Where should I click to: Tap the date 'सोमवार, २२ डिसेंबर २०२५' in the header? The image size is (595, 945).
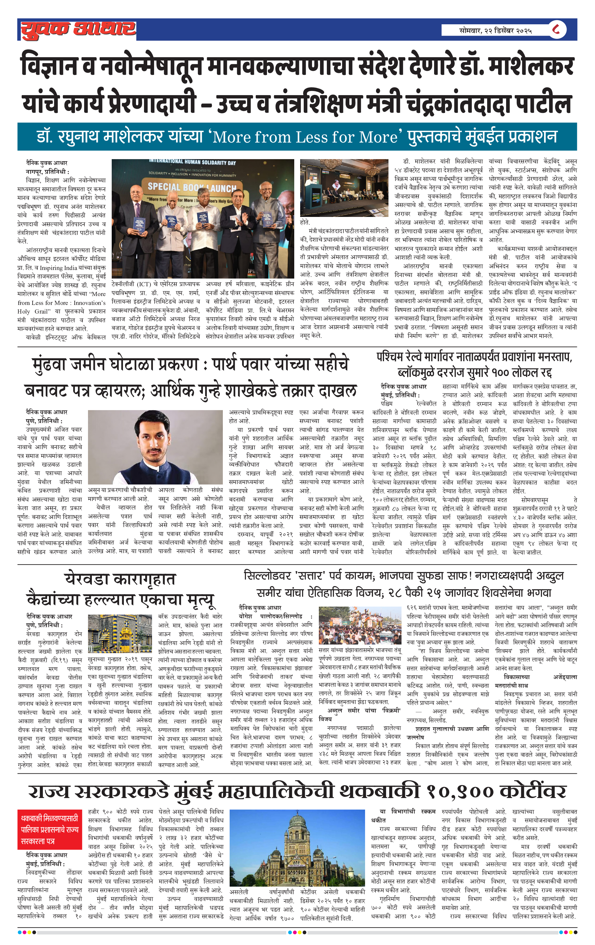tap(495, 30)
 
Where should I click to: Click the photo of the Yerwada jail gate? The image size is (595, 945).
tap(120, 634)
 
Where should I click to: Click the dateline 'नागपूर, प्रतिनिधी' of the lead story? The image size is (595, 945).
tap(47, 172)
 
